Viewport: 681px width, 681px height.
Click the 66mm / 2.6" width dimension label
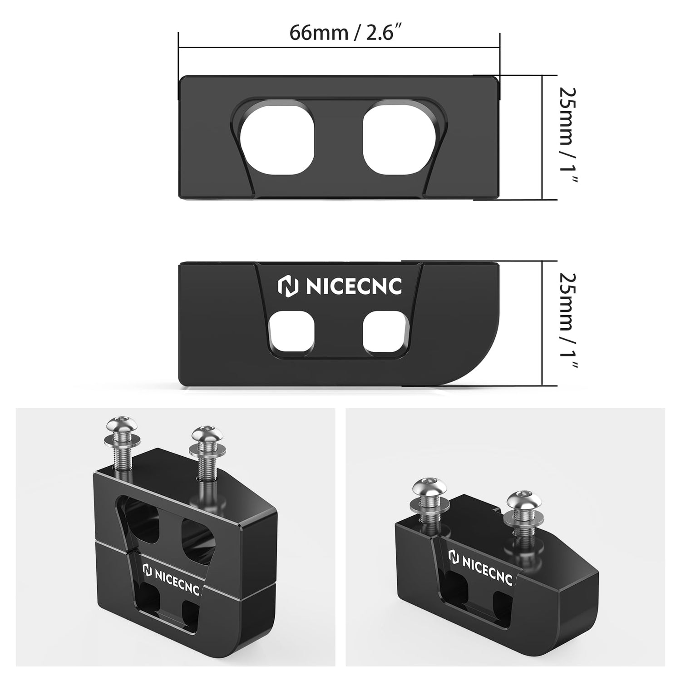347,33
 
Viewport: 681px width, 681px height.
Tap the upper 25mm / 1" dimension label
567,136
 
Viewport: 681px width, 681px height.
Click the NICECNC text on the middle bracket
354,287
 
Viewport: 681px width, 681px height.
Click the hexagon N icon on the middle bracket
288,287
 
